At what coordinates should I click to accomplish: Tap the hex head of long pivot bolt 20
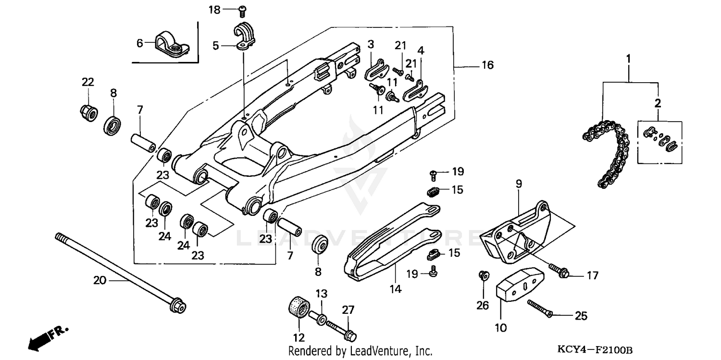point(178,306)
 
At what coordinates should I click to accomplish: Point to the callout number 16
point(487,65)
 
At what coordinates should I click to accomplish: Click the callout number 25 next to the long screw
point(581,316)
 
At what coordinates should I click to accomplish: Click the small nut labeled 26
point(484,276)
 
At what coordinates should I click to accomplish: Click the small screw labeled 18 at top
point(242,9)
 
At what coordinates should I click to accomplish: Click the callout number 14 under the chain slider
point(395,289)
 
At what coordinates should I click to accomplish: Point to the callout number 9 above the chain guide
point(519,184)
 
